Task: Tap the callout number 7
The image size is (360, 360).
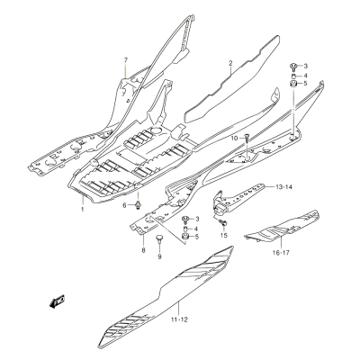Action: pos(126,60)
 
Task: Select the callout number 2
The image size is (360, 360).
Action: pos(230,63)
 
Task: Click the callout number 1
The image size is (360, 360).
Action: pos(82,209)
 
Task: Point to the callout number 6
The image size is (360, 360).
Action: pos(125,205)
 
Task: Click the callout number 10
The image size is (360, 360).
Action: pos(235,138)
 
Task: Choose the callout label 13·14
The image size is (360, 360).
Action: pos(283,187)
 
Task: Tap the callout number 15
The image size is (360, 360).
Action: pos(224,235)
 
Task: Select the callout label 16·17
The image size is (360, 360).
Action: pos(281,253)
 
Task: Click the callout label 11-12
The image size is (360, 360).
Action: pos(179,319)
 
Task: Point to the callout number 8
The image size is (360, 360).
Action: pos(143,250)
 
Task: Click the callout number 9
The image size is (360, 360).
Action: pos(159,256)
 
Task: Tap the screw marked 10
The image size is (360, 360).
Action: pos(247,138)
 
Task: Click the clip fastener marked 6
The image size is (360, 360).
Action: pos(138,205)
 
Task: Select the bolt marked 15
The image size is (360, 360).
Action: pos(222,222)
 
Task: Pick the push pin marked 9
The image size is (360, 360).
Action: pos(159,239)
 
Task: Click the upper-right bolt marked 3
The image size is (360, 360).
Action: pos(292,66)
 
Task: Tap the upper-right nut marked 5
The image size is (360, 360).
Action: pos(293,84)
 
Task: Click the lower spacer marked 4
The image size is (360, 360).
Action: pos(186,229)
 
